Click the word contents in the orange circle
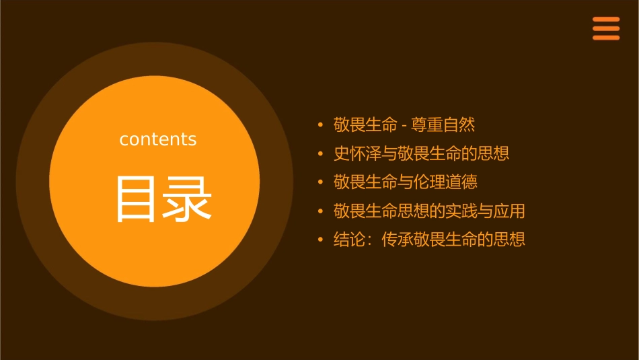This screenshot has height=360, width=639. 158,139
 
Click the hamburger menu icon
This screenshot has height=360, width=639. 605,28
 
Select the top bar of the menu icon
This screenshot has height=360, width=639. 605,20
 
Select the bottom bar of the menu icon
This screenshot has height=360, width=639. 605,38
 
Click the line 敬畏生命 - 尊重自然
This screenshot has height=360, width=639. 404,124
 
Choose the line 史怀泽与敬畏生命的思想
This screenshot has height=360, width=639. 421,153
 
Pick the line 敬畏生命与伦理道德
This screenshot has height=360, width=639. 405,182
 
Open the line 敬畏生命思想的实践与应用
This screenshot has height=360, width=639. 429,211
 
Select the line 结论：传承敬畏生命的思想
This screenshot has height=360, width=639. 429,240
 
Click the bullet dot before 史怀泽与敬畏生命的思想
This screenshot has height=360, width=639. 320,154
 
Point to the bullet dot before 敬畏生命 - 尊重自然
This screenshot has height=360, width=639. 320,125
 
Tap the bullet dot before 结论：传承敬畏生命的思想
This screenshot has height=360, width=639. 320,240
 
